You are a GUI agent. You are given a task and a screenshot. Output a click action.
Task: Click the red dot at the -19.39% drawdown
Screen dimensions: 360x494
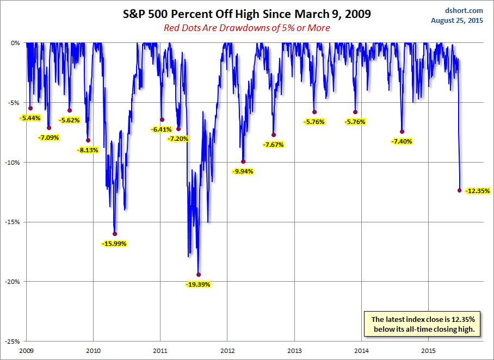point(199,275)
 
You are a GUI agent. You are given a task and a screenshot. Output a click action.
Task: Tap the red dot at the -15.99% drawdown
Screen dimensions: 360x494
point(115,234)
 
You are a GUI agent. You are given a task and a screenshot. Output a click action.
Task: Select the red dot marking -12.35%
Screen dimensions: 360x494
point(460,190)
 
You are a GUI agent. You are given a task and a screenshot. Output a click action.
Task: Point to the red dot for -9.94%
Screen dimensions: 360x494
point(243,162)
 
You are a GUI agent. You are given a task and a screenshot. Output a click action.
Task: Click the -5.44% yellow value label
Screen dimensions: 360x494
point(30,117)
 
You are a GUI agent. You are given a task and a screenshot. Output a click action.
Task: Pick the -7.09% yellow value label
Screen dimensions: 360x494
point(48,138)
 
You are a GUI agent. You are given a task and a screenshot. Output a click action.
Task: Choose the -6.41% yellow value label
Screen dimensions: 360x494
point(162,129)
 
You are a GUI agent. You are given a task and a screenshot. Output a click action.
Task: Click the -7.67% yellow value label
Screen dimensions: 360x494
point(273,145)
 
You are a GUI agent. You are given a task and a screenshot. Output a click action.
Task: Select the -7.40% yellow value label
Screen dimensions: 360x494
point(402,141)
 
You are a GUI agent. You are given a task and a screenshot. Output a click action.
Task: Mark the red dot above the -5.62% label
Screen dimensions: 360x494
point(70,110)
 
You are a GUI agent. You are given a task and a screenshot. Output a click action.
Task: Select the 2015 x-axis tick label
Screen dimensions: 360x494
point(429,351)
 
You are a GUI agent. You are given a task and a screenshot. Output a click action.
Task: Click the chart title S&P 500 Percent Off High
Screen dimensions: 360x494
point(246,14)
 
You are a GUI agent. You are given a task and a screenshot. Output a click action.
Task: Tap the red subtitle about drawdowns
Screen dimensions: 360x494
point(246,28)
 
